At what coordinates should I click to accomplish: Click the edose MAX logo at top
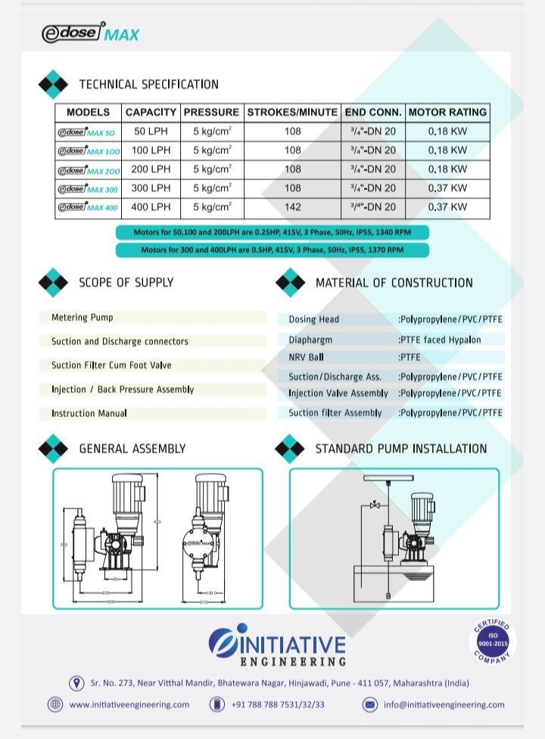pyautogui.click(x=90, y=34)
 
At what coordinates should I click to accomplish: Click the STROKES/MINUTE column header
pyautogui.click(x=292, y=112)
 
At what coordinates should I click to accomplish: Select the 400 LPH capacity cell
pyautogui.click(x=151, y=206)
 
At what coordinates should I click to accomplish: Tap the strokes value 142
pyautogui.click(x=292, y=206)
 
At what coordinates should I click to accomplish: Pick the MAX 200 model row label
pyautogui.click(x=89, y=169)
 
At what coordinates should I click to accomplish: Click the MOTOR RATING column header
pyautogui.click(x=447, y=112)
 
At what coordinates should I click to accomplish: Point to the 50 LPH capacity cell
pyautogui.click(x=151, y=131)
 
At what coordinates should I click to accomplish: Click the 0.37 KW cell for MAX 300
pyautogui.click(x=447, y=188)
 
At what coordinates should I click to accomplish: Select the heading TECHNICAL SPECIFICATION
pyautogui.click(x=148, y=84)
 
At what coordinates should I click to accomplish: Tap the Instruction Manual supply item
pyautogui.click(x=89, y=413)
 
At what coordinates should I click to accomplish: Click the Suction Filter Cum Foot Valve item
pyautogui.click(x=111, y=365)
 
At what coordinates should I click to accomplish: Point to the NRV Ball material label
pyautogui.click(x=306, y=357)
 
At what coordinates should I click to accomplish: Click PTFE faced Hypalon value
pyautogui.click(x=441, y=340)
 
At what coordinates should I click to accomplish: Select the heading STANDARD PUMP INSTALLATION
pyautogui.click(x=400, y=449)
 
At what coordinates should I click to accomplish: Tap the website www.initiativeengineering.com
pyautogui.click(x=129, y=704)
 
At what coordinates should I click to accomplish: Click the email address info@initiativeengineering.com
pyautogui.click(x=444, y=704)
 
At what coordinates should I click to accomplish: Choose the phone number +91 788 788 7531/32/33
pyautogui.click(x=278, y=704)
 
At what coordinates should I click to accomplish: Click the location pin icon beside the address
pyautogui.click(x=76, y=683)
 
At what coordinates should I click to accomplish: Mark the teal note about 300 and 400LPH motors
pyautogui.click(x=272, y=250)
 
